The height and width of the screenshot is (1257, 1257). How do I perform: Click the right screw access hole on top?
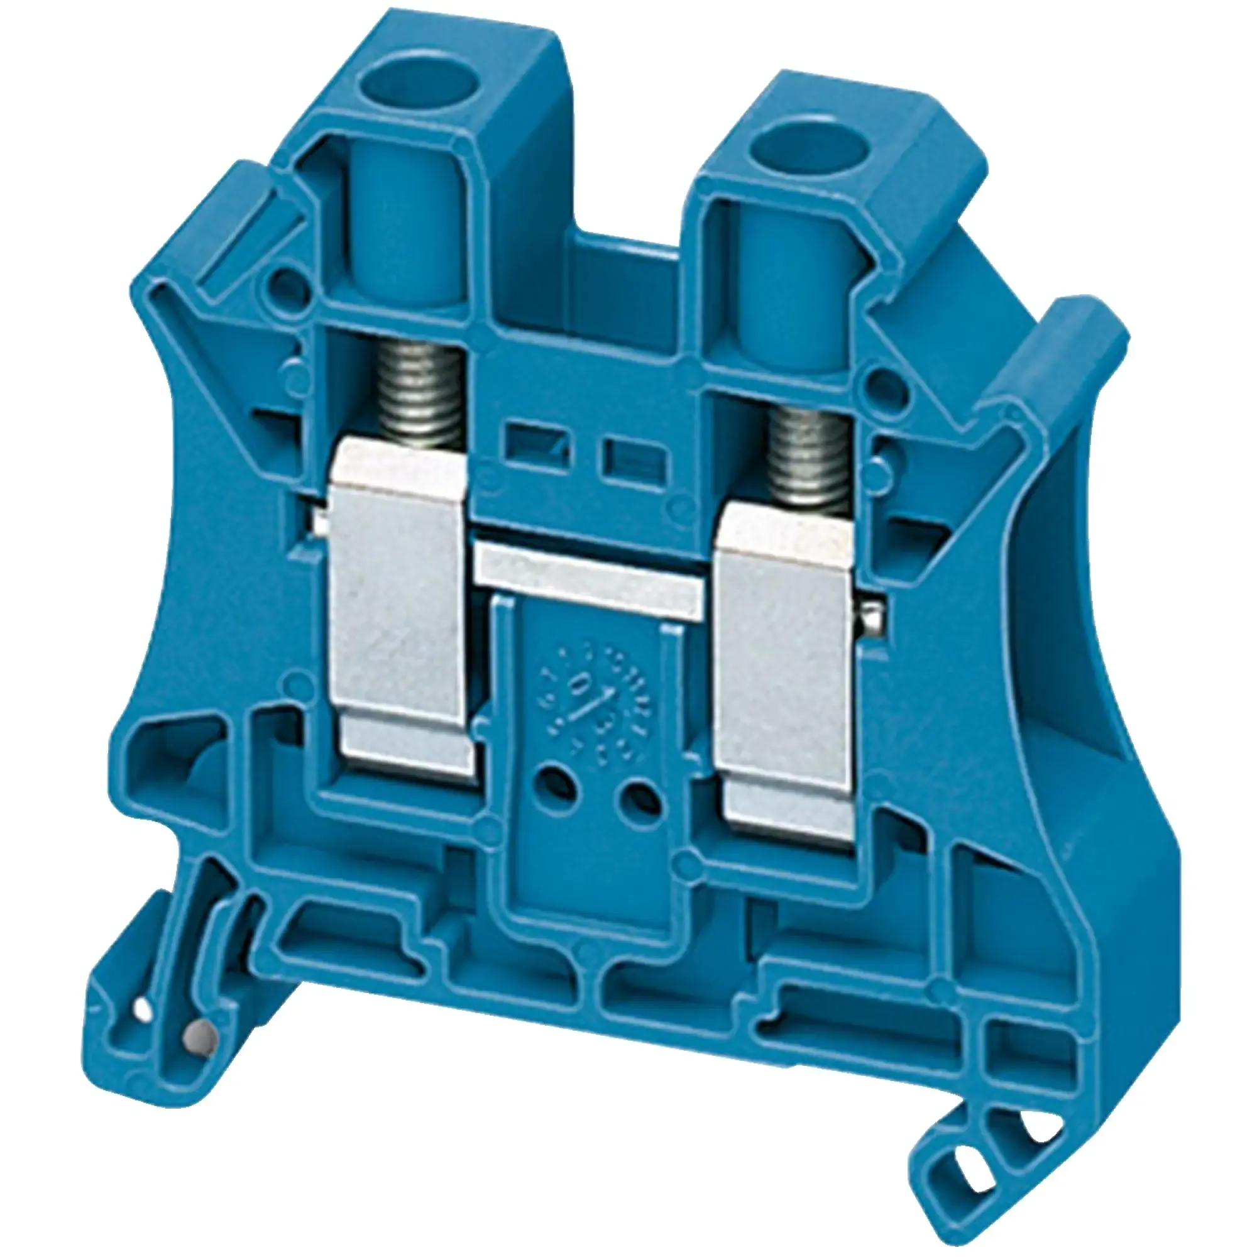[x=786, y=138]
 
